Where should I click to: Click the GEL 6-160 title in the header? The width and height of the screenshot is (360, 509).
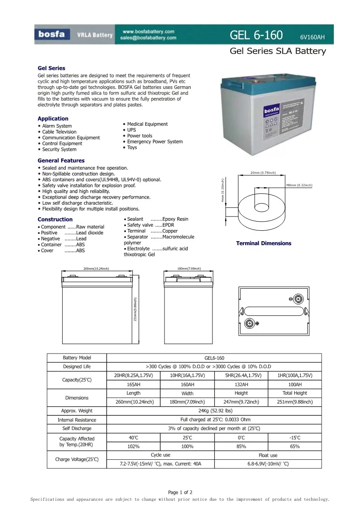pyautogui.click(x=257, y=35)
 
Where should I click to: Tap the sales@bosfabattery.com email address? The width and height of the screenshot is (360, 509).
pyautogui.click(x=148, y=38)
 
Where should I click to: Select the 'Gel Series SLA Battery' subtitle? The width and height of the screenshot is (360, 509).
pyautogui.click(x=278, y=51)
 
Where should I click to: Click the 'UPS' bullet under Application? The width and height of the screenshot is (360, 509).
pyautogui.click(x=131, y=130)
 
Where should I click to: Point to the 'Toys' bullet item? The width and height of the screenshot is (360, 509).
pyautogui.click(x=132, y=147)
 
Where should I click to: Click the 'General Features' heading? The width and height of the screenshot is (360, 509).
pyautogui.click(x=61, y=160)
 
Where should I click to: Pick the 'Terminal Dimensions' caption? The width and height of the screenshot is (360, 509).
pyautogui.click(x=263, y=243)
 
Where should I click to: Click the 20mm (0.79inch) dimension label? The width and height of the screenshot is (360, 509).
pyautogui.click(x=263, y=173)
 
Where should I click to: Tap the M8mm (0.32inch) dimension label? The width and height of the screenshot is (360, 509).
pyautogui.click(x=299, y=185)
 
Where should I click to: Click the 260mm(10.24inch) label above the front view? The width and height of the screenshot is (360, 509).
pyautogui.click(x=96, y=269)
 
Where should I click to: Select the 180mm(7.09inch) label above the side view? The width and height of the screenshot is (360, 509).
pyautogui.click(x=189, y=269)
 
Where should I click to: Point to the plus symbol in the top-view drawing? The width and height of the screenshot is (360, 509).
pyautogui.click(x=257, y=323)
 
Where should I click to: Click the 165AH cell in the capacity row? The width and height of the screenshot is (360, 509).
pyautogui.click(x=133, y=384)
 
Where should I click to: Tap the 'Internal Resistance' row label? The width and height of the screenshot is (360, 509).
pyautogui.click(x=77, y=420)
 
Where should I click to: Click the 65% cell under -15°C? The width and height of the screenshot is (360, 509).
pyautogui.click(x=294, y=446)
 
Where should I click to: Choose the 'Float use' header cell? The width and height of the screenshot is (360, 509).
pyautogui.click(x=268, y=455)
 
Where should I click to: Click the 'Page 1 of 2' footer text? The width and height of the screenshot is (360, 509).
pyautogui.click(x=180, y=492)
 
